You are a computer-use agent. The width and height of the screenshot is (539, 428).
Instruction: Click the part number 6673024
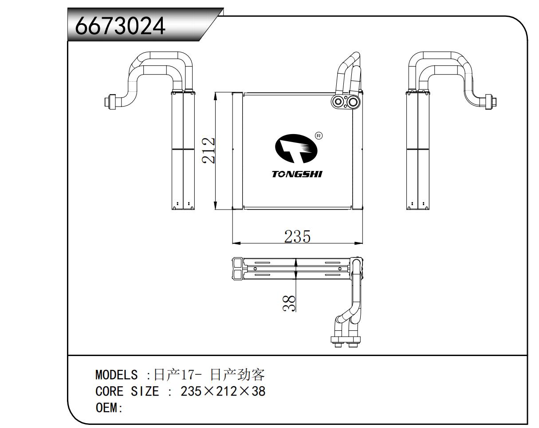click(120, 25)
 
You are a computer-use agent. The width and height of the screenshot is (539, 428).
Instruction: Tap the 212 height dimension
click(209, 151)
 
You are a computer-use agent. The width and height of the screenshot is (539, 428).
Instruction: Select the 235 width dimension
click(297, 236)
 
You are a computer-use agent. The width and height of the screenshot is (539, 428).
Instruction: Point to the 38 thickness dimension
click(289, 303)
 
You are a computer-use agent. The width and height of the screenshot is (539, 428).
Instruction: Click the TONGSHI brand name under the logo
click(297, 174)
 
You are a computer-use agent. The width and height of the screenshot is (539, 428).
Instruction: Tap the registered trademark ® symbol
click(318, 135)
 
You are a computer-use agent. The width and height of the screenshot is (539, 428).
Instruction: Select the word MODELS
click(116, 375)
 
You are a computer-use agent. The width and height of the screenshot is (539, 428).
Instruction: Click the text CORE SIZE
click(127, 392)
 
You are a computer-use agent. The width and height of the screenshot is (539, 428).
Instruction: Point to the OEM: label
click(109, 408)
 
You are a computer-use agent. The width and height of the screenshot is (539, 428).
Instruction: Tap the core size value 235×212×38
click(223, 392)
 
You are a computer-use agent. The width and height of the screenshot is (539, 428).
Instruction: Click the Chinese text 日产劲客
click(237, 375)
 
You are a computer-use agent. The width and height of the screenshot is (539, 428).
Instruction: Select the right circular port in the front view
click(353, 102)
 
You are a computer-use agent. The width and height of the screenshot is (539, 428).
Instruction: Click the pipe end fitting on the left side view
click(110, 102)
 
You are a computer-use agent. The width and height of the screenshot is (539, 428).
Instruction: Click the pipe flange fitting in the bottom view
click(346, 340)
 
